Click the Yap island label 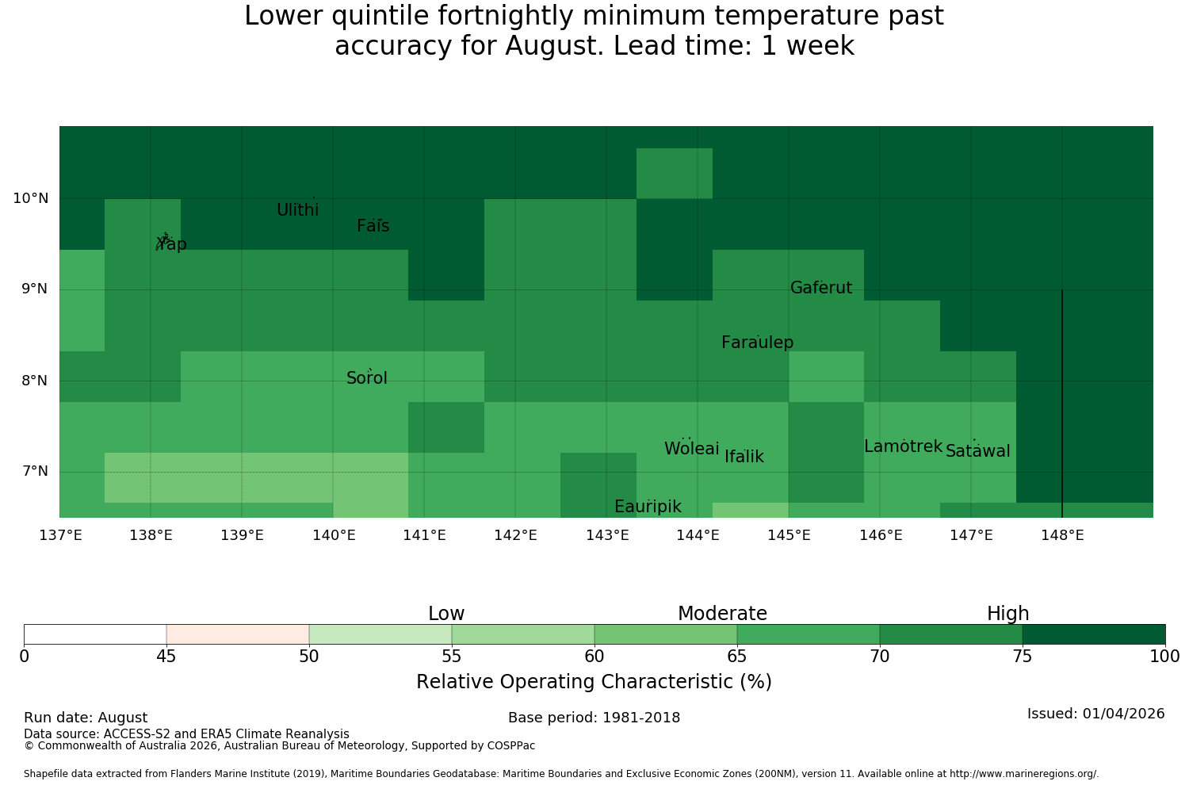(171, 244)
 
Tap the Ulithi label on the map (298, 210)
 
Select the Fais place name (373, 226)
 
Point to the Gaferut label (821, 287)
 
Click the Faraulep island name (758, 342)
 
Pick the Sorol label (367, 378)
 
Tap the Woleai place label (692, 448)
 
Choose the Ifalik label (744, 456)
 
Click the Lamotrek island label (904, 446)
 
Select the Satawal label (977, 451)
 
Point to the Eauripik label (648, 507)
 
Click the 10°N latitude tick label (31, 199)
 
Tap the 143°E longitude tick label (607, 535)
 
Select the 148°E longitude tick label (1063, 535)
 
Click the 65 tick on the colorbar (736, 657)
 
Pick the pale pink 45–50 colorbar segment (238, 634)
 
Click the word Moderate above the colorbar (722, 614)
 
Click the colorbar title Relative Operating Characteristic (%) (594, 681)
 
